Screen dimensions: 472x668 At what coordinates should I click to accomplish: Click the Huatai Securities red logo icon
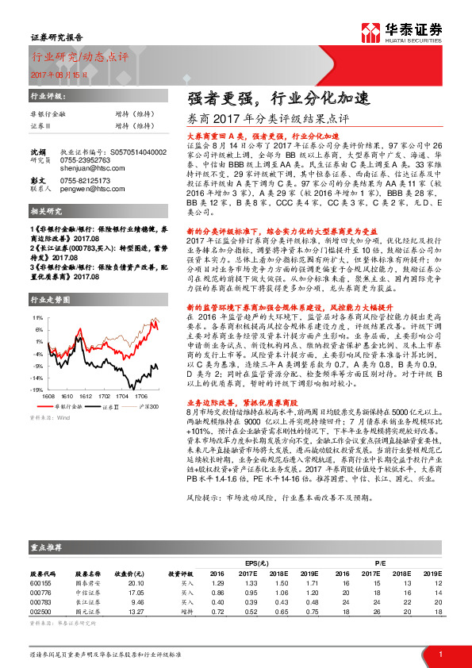point(369,31)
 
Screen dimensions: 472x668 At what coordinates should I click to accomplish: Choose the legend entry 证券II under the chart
point(111,383)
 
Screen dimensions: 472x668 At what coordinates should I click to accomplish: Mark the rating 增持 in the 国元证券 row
point(186,611)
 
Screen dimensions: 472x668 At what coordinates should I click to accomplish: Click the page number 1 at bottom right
point(439,654)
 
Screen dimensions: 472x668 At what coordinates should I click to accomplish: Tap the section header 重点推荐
point(47,547)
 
